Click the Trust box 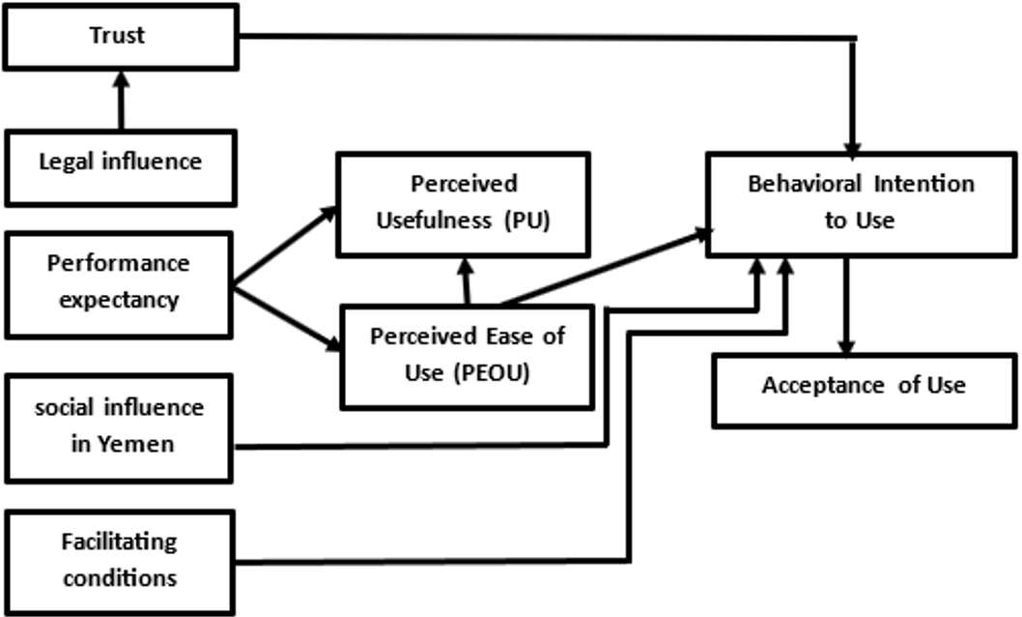(119, 35)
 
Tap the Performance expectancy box (119, 281)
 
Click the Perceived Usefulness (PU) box (463, 203)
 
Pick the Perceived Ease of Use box (468, 354)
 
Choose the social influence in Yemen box (119, 427)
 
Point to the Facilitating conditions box (119, 560)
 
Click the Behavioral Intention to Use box (861, 201)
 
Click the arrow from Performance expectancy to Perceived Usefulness (286, 246)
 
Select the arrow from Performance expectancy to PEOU (287, 316)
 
